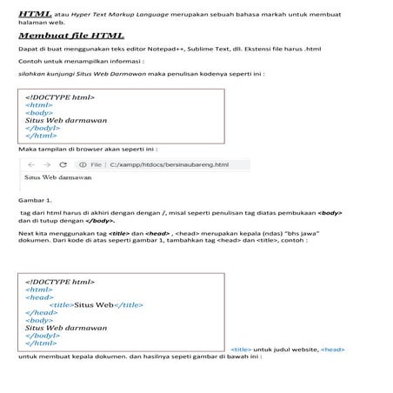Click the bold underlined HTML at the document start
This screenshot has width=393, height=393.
coord(34,15)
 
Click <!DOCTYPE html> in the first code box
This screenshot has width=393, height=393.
coord(60,97)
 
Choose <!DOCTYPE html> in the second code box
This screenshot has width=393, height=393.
coord(60,283)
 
